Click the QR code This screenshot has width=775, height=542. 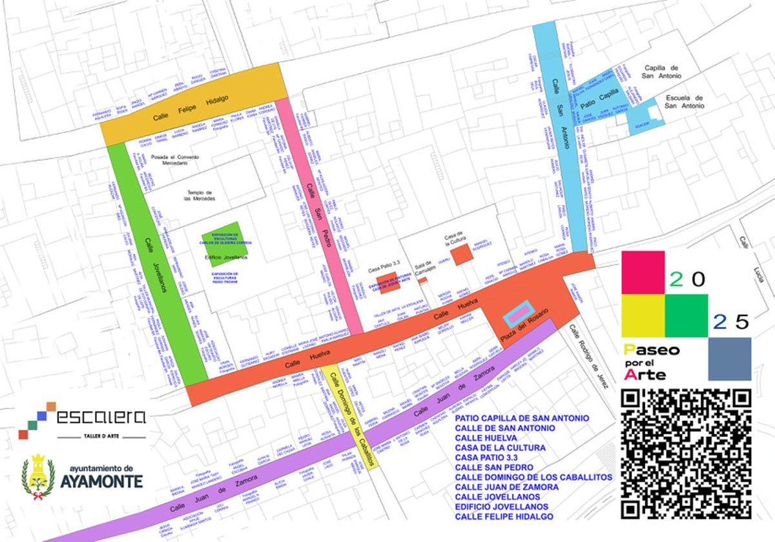point(686,455)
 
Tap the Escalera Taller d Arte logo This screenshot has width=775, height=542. point(83,420)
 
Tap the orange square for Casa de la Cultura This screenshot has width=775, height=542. point(463,254)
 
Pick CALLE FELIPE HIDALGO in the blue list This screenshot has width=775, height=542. point(504,516)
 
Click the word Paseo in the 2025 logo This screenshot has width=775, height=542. point(652,350)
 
